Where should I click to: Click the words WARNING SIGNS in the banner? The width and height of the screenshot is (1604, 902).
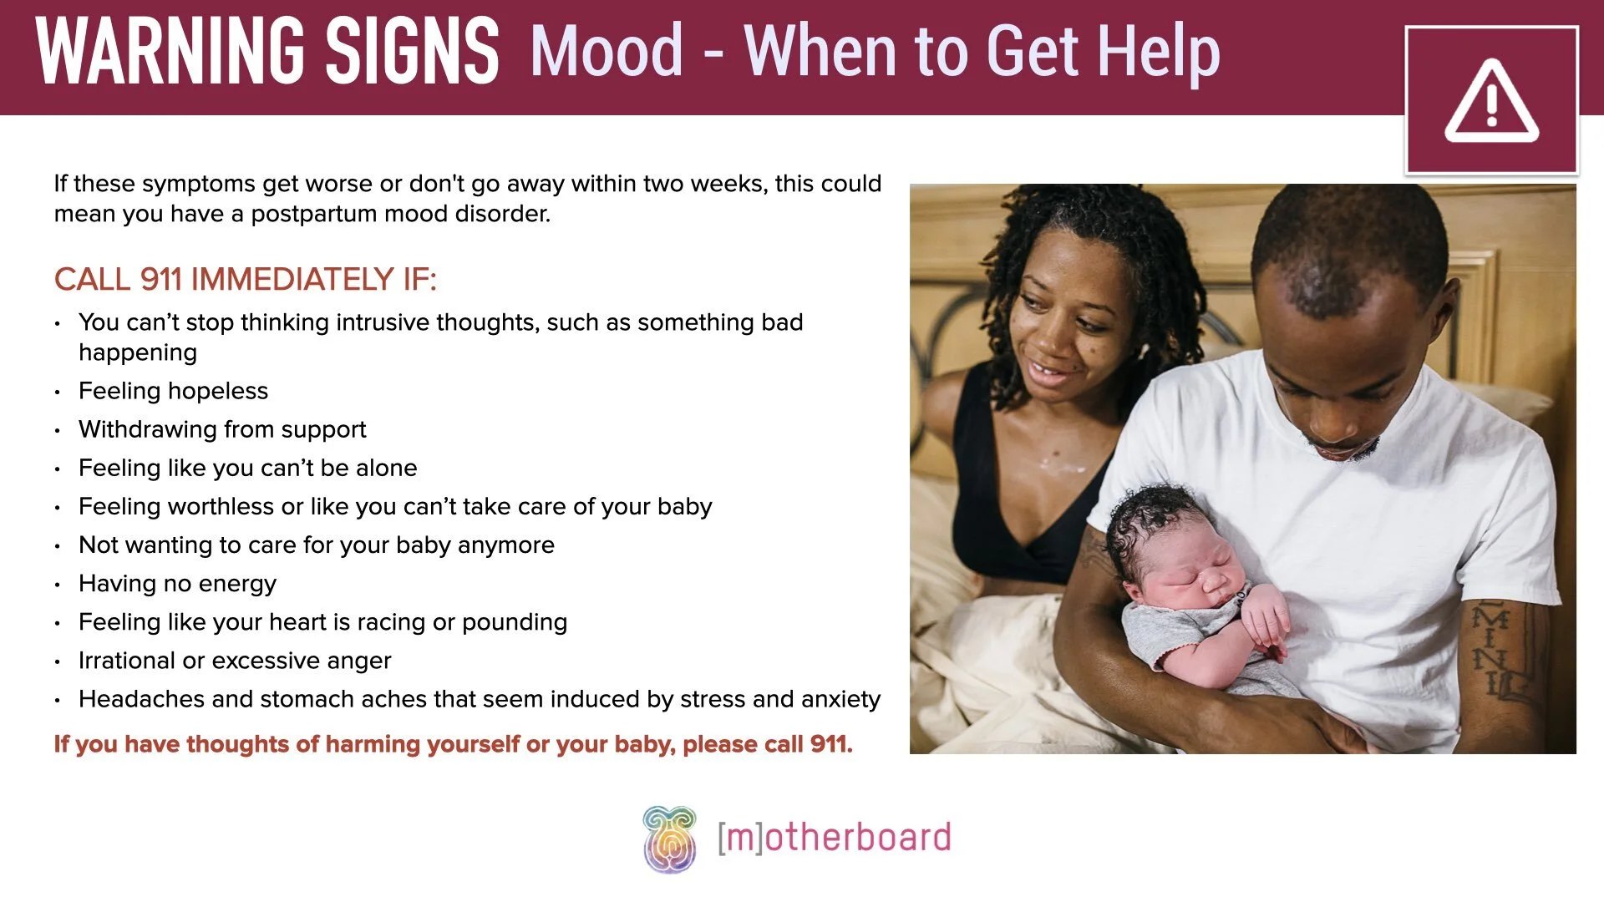coord(267,52)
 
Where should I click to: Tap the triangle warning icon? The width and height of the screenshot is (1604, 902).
coord(1491,102)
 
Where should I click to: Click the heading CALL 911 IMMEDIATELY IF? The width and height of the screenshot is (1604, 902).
coord(245,279)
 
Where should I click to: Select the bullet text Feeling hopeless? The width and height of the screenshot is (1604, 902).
coord(173,391)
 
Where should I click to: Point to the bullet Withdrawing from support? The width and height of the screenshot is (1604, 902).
coord(222,429)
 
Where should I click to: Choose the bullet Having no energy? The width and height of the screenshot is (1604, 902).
coord(177,584)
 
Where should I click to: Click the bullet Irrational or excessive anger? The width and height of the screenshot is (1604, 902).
coord(235,661)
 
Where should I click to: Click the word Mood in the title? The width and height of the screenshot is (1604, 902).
coord(607,52)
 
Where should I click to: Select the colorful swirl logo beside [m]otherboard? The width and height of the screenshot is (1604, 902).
coord(669,839)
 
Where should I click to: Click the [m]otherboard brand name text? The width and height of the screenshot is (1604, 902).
coord(835,838)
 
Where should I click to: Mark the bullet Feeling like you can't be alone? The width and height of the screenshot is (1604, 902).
coord(247,468)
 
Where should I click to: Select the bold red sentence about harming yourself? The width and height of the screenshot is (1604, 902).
coord(453,744)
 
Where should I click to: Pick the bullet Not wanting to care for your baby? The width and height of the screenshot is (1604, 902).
coord(316,545)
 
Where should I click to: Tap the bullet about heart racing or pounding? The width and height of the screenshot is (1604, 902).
coord(322,622)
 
